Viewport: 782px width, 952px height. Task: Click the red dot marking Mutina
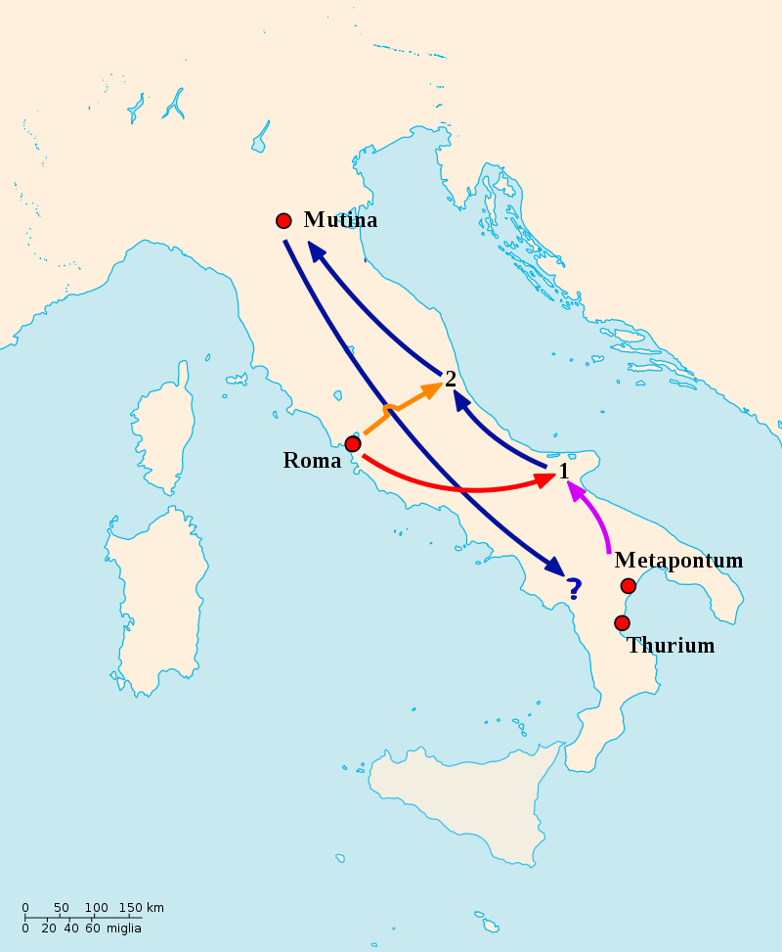coord(283,221)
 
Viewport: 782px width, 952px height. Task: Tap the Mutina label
coord(340,220)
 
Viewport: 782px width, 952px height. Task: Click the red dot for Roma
coord(353,444)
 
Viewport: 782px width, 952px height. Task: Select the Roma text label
coord(312,461)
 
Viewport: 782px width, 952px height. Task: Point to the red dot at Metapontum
coord(629,586)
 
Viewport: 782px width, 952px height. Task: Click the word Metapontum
coord(678,561)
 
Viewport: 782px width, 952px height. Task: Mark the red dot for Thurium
coord(622,623)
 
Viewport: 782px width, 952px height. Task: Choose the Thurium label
coord(671,646)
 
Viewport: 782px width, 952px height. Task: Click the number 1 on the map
coord(564,472)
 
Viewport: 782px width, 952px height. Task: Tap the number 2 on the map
coord(451,379)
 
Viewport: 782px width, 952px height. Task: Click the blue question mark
coord(575,588)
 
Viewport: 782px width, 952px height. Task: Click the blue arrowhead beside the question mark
coord(555,567)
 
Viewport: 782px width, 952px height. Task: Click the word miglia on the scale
coord(124,928)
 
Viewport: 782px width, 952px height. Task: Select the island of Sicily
coord(459,802)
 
